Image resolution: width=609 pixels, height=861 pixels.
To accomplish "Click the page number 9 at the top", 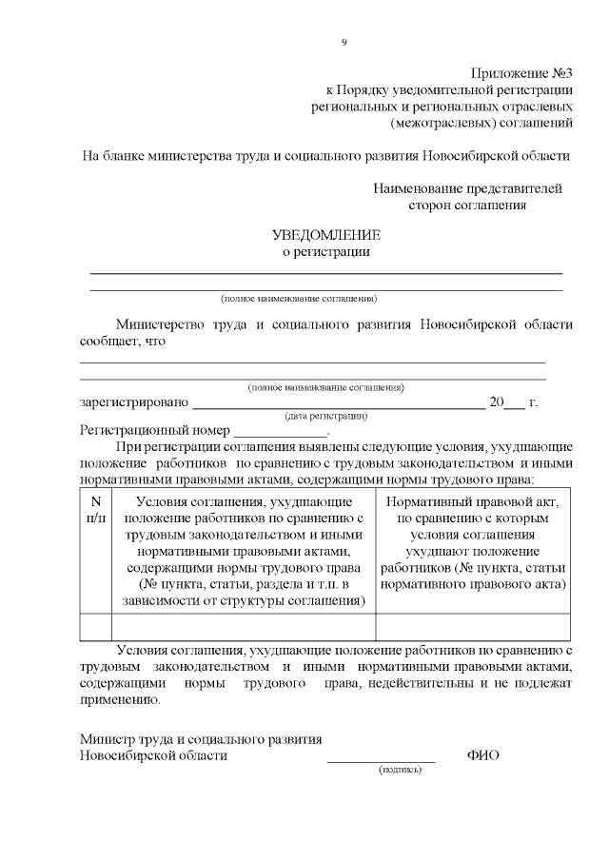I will (x=344, y=42).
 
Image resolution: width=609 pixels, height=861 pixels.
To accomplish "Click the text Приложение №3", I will (x=522, y=73).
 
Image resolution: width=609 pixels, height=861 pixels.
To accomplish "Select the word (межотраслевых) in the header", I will (x=437, y=122).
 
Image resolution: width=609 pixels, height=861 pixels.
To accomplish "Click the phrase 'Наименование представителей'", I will (x=467, y=187).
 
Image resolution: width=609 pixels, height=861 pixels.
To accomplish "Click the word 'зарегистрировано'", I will (x=134, y=402).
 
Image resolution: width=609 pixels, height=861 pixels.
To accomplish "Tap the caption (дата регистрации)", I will (x=326, y=416).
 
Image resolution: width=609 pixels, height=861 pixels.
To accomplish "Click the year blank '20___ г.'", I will (x=514, y=402).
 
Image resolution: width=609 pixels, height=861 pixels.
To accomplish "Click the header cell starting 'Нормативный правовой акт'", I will (x=474, y=501).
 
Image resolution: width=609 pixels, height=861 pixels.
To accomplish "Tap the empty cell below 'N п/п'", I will (x=95, y=627).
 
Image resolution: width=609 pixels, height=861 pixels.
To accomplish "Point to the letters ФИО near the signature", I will (x=483, y=754).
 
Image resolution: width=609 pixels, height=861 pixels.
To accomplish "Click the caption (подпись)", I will (x=400, y=769).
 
